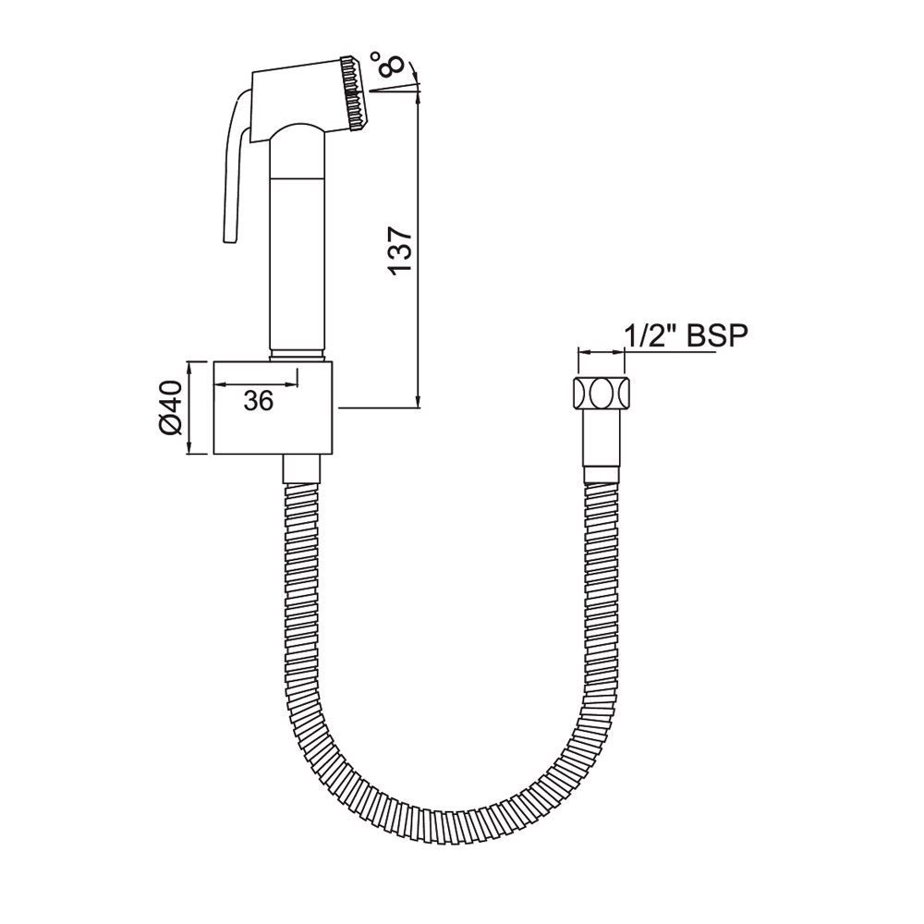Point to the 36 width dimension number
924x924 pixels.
[259, 399]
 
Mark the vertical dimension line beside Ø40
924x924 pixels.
[190, 407]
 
